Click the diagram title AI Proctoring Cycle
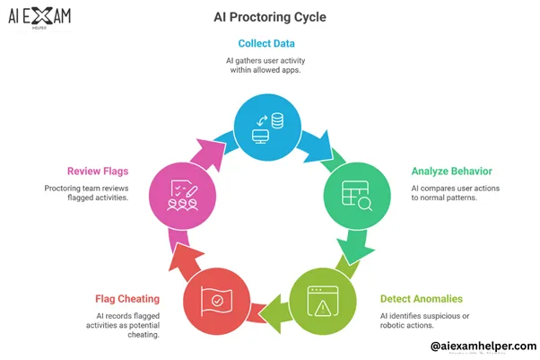pyautogui.click(x=270, y=17)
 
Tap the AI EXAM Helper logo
pyautogui.click(x=40, y=18)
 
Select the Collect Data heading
pyautogui.click(x=270, y=43)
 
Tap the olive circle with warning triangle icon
pyautogui.click(x=320, y=301)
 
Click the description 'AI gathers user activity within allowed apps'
pyautogui.click(x=270, y=66)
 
